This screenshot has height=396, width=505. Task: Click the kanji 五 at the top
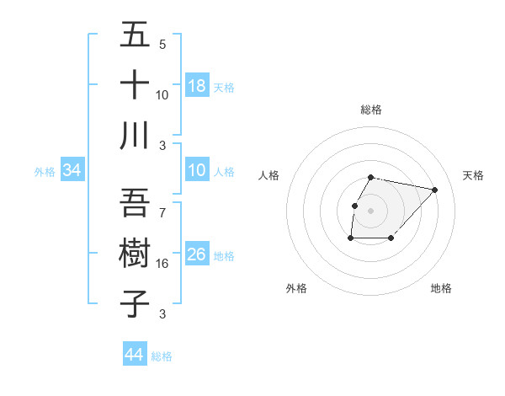tap(135, 36)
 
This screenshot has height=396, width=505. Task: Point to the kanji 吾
tap(135, 203)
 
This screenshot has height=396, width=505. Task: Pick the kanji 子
tap(135, 302)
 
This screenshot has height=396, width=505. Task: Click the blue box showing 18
tap(197, 86)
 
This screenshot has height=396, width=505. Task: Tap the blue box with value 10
tap(197, 170)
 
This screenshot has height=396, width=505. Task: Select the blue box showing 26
tap(197, 254)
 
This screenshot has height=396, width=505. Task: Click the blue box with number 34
tap(72, 170)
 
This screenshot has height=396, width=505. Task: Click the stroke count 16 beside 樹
tap(162, 264)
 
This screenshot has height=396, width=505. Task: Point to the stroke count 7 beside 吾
tap(162, 213)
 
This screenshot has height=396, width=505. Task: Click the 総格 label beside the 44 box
tap(162, 356)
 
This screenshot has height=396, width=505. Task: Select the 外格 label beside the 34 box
tap(45, 172)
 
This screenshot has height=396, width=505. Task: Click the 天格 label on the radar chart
tap(474, 175)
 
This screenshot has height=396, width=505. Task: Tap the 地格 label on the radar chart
tap(441, 288)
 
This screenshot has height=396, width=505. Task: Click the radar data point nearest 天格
tap(434, 190)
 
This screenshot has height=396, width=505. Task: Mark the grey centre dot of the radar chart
tap(370, 211)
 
